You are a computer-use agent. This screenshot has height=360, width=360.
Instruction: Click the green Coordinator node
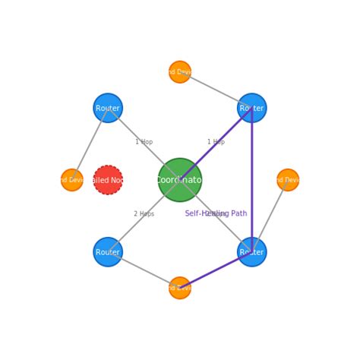(180, 180)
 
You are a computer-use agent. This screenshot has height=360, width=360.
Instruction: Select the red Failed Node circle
(108, 180)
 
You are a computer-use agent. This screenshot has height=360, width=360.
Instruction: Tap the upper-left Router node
(108, 108)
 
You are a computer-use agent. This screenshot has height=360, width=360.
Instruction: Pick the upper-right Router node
(251, 108)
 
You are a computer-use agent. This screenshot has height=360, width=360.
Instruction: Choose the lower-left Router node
(108, 251)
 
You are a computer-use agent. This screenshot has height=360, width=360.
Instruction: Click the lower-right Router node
(251, 251)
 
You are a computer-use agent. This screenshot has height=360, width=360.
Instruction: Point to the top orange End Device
(180, 72)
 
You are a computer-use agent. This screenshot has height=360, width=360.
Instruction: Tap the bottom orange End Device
(180, 288)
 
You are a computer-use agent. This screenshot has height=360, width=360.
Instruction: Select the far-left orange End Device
(72, 180)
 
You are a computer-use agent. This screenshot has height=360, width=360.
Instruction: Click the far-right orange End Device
(288, 180)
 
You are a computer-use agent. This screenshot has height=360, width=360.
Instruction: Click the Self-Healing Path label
(216, 213)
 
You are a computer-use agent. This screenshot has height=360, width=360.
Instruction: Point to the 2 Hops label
(144, 214)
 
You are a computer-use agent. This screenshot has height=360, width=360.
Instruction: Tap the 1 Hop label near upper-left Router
(144, 142)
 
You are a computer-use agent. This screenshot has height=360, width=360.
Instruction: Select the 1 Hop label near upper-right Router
(216, 142)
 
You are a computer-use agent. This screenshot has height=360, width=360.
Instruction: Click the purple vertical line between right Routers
(251, 182)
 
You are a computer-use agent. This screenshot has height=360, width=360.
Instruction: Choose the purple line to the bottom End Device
(216, 270)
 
